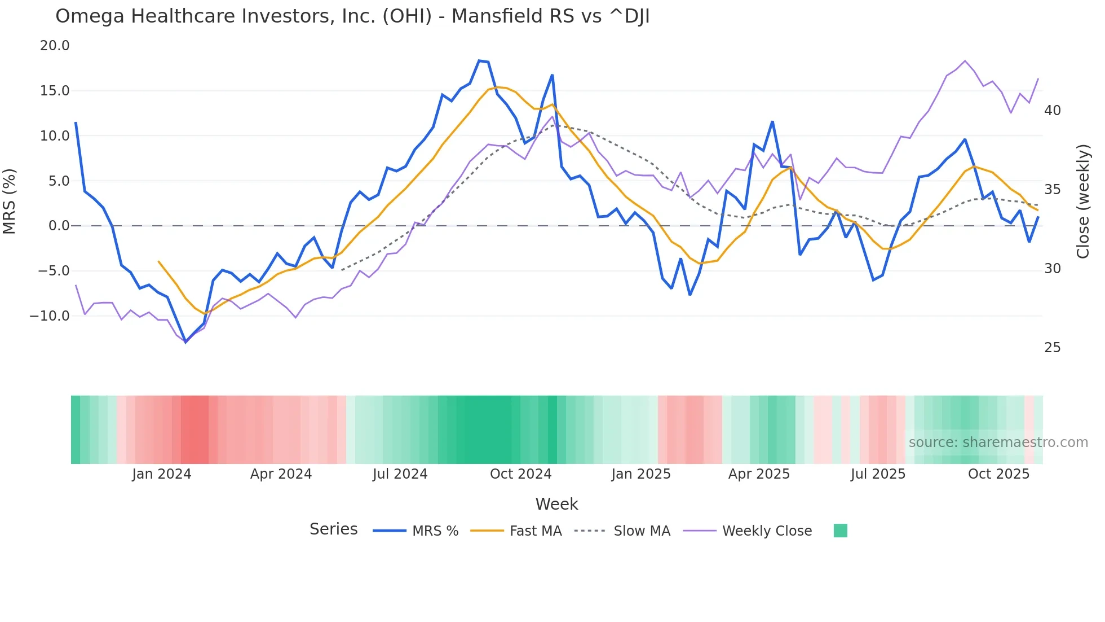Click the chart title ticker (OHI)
tap(407, 16)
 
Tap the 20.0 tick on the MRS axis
tap(55, 46)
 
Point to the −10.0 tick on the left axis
tap(50, 316)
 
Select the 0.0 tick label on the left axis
tap(59, 226)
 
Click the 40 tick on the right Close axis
tap(1052, 111)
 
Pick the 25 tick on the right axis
tap(1052, 348)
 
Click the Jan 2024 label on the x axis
tap(162, 474)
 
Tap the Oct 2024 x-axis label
tap(520, 474)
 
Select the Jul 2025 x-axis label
tap(878, 474)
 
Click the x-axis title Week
tap(556, 504)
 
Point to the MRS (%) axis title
tap(10, 202)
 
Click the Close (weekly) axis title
tap(1082, 202)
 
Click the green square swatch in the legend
tap(840, 531)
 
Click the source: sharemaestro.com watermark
tap(998, 443)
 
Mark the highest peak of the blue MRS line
tap(479, 60)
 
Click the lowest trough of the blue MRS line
tap(185, 342)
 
